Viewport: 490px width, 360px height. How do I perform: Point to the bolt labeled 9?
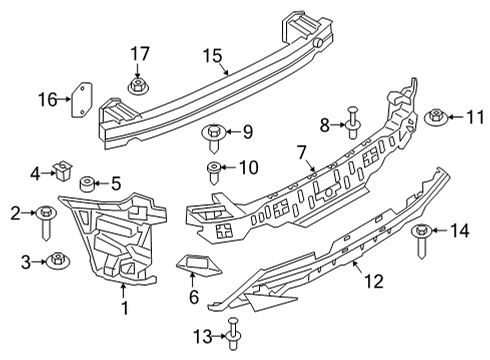[x=214, y=131]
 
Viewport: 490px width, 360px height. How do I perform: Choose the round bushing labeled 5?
[x=87, y=183]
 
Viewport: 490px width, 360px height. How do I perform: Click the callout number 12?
[x=371, y=282]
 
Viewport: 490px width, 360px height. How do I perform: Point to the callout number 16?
[x=47, y=98]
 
